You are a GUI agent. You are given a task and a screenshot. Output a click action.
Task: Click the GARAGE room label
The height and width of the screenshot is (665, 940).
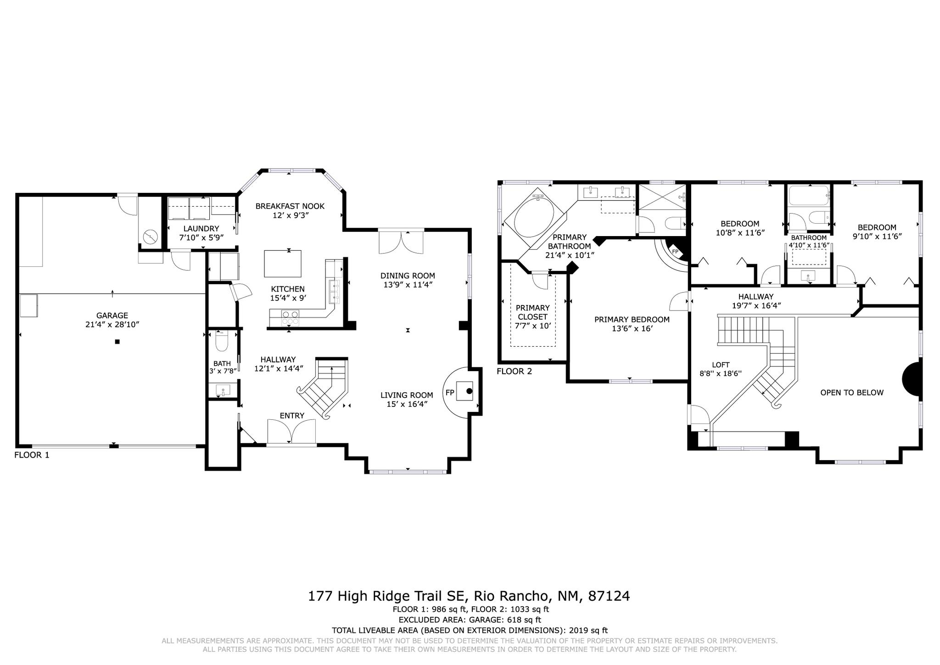pyautogui.click(x=112, y=316)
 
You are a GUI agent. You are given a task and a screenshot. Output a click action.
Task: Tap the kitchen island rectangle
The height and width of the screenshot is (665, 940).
pyautogui.click(x=283, y=264)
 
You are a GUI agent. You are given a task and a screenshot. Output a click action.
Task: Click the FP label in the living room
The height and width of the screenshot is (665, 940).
pyautogui.click(x=450, y=393)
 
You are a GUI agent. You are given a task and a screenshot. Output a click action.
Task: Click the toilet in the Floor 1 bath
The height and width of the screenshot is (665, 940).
pyautogui.click(x=222, y=342)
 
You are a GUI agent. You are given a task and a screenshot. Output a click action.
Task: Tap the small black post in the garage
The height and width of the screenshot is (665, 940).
pyautogui.click(x=117, y=342)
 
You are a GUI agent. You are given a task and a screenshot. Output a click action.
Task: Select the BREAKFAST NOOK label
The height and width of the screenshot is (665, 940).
pyautogui.click(x=290, y=206)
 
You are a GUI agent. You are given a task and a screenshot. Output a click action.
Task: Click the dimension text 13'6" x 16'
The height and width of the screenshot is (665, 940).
pyautogui.click(x=632, y=329)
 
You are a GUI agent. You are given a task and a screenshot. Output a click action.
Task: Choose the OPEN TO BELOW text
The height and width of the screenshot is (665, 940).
pyautogui.click(x=851, y=393)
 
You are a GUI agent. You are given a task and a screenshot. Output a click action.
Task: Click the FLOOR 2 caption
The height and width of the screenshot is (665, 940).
pyautogui.click(x=514, y=372)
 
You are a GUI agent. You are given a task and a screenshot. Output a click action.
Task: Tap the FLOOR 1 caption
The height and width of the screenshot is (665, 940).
pyautogui.click(x=32, y=455)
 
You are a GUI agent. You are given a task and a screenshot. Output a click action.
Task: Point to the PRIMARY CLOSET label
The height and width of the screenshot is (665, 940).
pyautogui.click(x=532, y=312)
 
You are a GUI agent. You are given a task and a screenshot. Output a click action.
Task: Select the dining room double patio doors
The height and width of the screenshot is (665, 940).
pyautogui.click(x=401, y=242)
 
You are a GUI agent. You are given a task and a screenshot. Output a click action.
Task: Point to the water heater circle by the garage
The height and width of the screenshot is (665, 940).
pyautogui.click(x=150, y=237)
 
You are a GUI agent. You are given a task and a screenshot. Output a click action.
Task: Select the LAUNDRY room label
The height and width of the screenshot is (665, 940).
pyautogui.click(x=201, y=228)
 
